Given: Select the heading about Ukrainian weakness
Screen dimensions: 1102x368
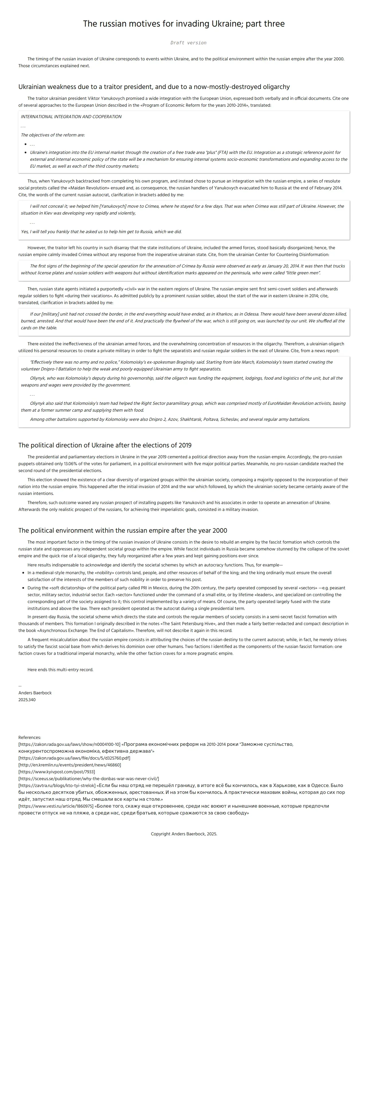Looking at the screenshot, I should coord(154,87).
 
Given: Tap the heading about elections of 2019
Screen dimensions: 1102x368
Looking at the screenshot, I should coord(105,445).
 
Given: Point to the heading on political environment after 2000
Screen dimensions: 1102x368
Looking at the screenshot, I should coord(123,530).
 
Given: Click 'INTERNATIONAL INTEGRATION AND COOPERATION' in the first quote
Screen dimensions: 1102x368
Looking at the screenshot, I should coord(71,117).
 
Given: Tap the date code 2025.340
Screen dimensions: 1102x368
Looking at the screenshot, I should coord(27,700).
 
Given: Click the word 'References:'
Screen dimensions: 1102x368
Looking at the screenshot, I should coord(30,738).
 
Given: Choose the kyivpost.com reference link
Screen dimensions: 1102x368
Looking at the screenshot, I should coord(56,772).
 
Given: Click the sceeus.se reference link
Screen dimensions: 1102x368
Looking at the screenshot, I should coord(89,779).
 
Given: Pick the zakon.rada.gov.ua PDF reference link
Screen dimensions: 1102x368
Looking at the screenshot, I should coord(74,758).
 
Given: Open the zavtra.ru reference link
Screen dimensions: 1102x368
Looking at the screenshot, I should coord(57,785).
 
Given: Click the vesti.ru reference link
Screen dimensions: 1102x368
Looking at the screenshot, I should coord(56,806).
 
